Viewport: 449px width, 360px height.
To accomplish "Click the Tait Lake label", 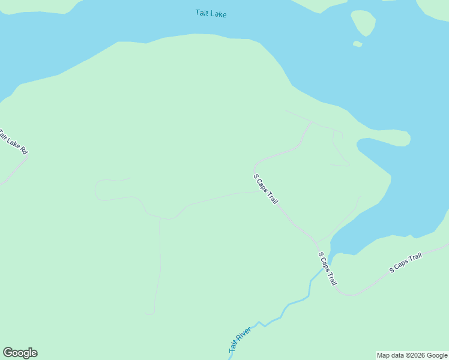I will point(211,13).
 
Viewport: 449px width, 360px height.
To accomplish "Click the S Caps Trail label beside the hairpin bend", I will point(265,189).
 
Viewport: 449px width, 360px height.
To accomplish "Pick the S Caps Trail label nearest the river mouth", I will point(328,268).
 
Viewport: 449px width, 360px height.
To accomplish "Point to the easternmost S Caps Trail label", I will point(406,263).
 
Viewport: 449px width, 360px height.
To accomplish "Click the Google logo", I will point(20,353).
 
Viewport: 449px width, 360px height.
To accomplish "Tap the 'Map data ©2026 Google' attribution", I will point(412,355).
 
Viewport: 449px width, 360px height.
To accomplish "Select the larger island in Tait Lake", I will point(363,23).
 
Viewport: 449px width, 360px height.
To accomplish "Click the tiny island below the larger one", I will point(358,44).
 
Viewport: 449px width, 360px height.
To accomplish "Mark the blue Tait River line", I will point(295,301).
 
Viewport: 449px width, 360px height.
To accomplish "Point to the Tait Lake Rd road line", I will point(15,170).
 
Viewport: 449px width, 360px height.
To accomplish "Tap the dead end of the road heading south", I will point(149,313).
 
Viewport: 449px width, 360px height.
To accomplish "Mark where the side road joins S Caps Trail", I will point(258,193).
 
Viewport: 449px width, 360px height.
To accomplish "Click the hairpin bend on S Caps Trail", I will point(255,164).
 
